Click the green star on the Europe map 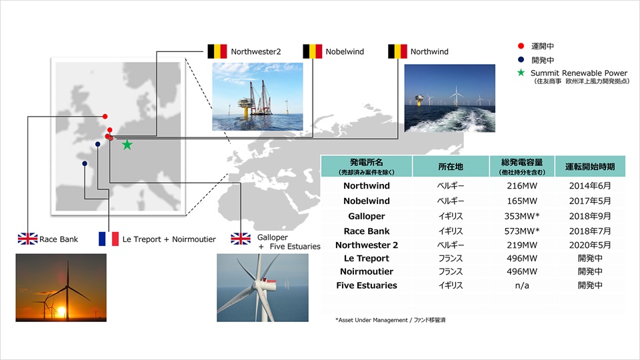(127, 145)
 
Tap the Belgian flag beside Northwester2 (217, 51)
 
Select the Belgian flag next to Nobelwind (312, 51)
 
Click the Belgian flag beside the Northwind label (397, 51)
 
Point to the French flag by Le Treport (109, 239)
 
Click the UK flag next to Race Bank (28, 239)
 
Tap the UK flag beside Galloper (241, 239)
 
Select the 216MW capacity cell (522, 186)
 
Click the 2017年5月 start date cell (590, 201)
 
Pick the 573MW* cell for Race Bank (522, 231)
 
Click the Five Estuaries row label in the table (367, 285)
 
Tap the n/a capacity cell (522, 285)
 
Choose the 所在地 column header (451, 167)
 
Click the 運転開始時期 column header (590, 167)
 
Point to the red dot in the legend (521, 46)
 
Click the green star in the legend (521, 73)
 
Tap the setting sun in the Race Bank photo (61, 312)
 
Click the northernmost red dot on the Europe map (105, 116)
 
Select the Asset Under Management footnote (390, 320)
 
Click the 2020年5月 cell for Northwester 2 (590, 245)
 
